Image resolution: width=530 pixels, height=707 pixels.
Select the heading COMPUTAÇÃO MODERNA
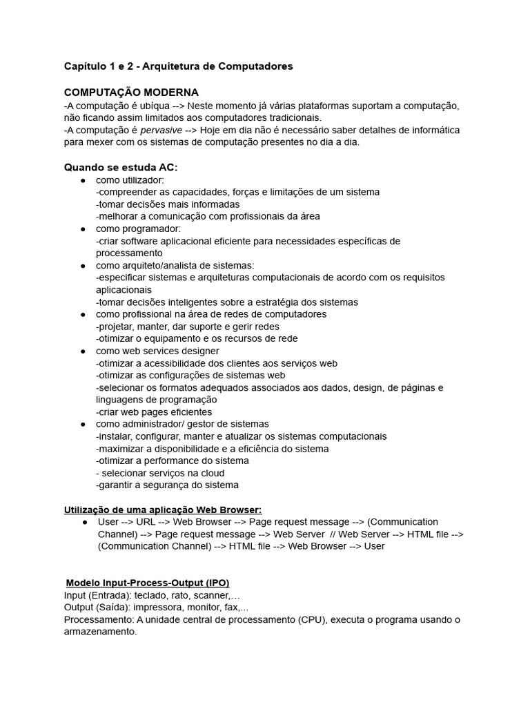pyautogui.click(x=131, y=92)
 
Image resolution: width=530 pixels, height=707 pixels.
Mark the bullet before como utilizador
pyautogui.click(x=83, y=180)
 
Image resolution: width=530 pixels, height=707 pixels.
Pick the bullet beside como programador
pyautogui.click(x=83, y=229)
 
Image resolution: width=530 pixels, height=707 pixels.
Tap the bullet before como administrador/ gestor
pyautogui.click(x=83, y=424)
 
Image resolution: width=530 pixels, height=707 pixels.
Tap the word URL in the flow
pyautogui.click(x=146, y=522)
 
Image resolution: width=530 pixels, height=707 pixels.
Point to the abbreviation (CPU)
pyautogui.click(x=312, y=620)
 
